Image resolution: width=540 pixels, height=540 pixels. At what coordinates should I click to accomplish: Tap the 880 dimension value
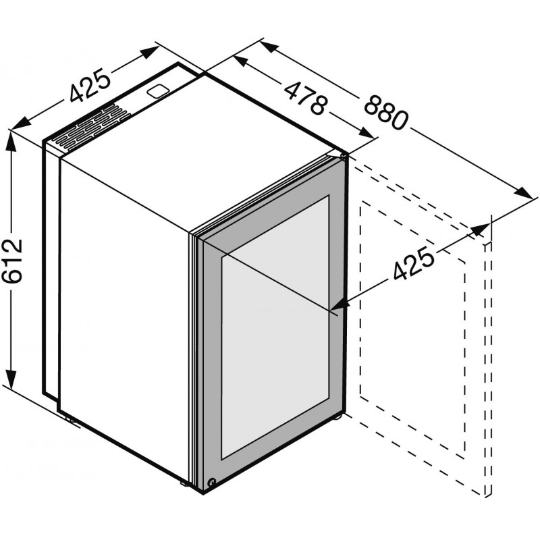[x=385, y=112]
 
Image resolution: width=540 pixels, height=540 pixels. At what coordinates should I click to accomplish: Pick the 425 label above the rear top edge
[x=90, y=85]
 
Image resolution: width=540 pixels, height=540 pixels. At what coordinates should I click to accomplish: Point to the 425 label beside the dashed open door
[x=413, y=263]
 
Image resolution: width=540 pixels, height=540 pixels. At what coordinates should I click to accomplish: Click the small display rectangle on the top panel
[x=158, y=91]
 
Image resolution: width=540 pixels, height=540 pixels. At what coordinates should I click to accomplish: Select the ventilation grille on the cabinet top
[x=92, y=129]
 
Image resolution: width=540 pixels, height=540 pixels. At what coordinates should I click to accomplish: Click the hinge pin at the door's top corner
[x=343, y=157]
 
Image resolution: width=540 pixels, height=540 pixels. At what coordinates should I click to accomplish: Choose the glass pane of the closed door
[x=275, y=327]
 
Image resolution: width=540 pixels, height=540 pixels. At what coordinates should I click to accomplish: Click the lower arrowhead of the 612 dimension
[x=11, y=379]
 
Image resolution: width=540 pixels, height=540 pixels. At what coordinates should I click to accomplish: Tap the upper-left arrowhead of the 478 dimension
[x=241, y=61]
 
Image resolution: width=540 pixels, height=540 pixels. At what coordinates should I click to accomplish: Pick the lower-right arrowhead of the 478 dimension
[x=366, y=133]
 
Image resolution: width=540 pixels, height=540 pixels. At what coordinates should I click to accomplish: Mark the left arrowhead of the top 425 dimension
[x=21, y=124]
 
